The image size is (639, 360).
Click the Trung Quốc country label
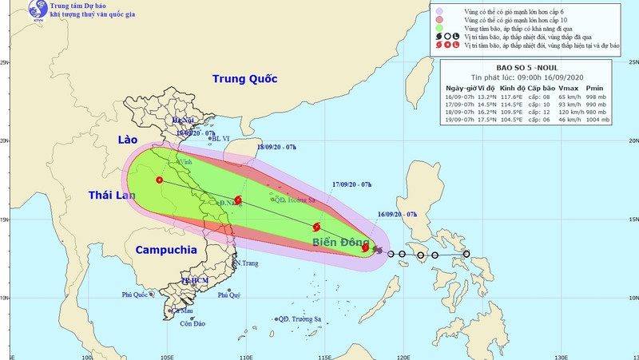[244, 79]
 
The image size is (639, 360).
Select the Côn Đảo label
[193, 323]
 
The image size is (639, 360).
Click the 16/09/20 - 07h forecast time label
[398, 215]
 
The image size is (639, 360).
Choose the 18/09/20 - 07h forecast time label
[277, 148]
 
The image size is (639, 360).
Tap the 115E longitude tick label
[324, 356]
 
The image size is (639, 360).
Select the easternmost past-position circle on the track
[466, 255]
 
